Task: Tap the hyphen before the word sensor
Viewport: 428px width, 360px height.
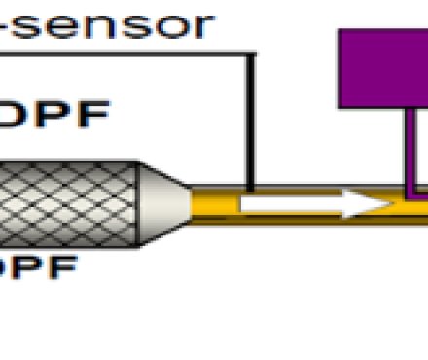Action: (x=7, y=26)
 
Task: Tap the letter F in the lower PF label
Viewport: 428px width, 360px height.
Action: (x=60, y=268)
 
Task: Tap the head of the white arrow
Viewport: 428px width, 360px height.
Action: (x=370, y=204)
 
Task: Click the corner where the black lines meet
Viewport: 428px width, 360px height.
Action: (x=251, y=54)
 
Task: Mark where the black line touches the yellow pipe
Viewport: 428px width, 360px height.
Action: (x=251, y=190)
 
